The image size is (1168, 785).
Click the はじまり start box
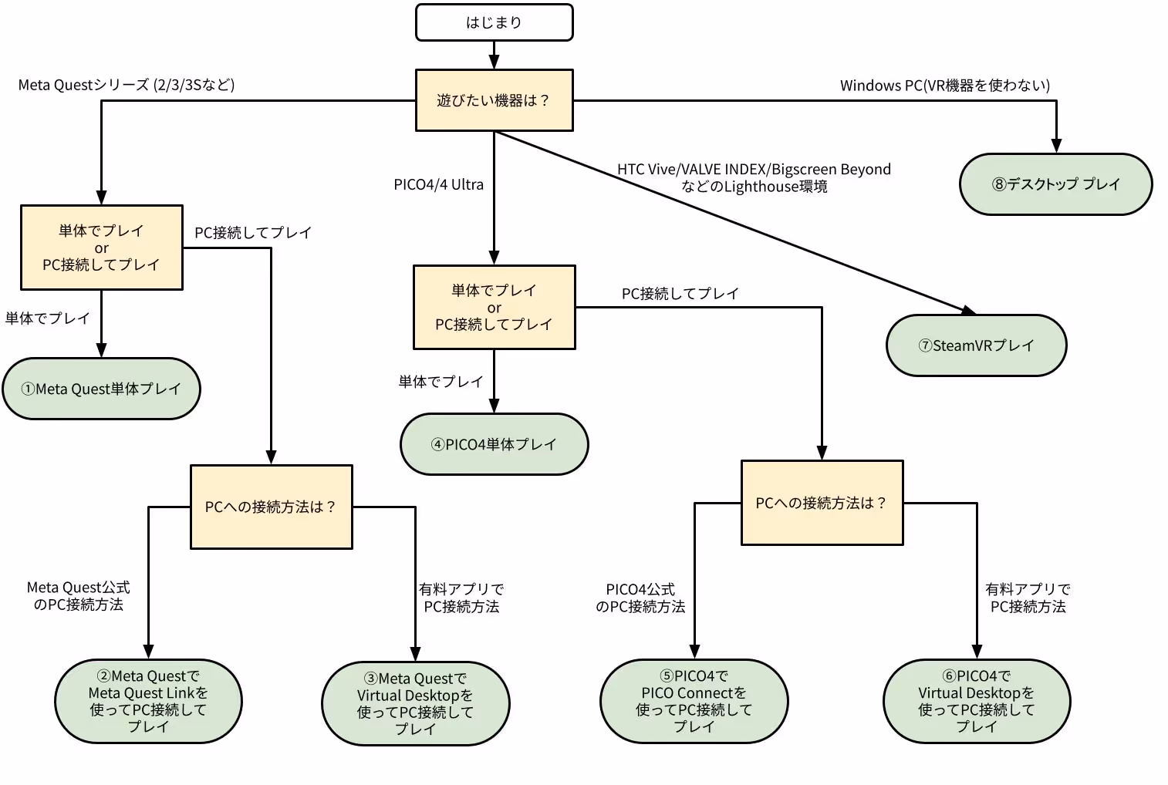coord(494,22)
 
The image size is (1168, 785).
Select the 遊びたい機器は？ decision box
coord(494,100)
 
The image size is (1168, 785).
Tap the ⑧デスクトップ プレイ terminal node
coord(1055,184)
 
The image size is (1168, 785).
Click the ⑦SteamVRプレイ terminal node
coord(976,345)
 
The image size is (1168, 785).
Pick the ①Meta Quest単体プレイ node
coord(101,389)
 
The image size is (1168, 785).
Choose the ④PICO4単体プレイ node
coord(494,444)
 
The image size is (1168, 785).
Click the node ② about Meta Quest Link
coord(148,701)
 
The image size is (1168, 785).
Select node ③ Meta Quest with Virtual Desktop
coord(415,703)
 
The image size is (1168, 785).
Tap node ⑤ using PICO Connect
coord(694,701)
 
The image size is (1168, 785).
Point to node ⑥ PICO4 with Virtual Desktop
coord(976,701)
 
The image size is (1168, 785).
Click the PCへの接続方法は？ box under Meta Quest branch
coord(271,507)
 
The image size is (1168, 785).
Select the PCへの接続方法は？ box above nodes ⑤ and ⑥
coord(822,503)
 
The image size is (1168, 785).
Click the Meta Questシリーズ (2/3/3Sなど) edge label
coord(127,85)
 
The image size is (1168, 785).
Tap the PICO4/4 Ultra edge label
coord(438,184)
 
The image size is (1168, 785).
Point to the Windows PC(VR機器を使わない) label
coord(944,85)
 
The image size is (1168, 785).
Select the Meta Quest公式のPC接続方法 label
coord(78,596)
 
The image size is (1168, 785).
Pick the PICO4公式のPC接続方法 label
coord(640,598)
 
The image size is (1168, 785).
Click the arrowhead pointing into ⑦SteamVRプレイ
coord(969,311)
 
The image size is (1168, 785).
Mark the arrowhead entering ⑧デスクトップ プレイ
coord(1055,147)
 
